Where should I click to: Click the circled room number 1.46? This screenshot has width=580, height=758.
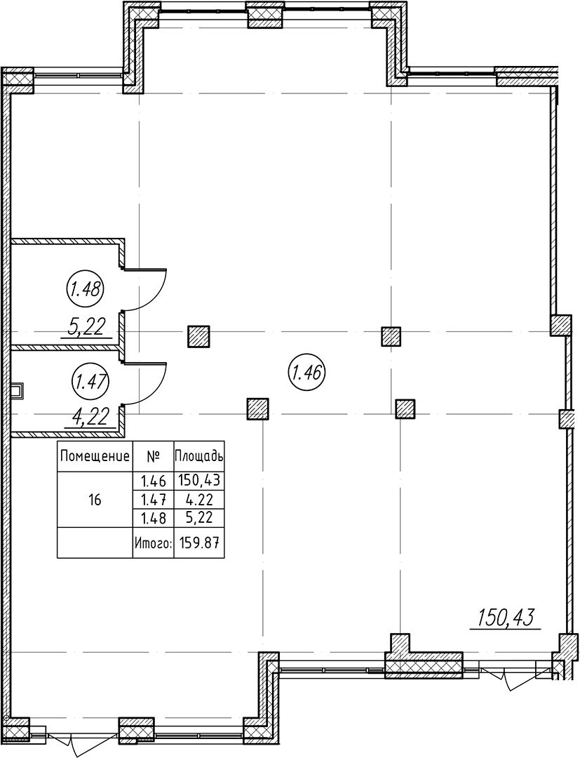pos(307,372)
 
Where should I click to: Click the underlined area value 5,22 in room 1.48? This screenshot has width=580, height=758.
pos(88,327)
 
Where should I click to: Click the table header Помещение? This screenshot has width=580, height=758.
pos(95,456)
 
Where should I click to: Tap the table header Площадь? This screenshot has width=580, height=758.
pos(199,456)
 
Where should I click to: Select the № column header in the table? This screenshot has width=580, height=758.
pos(153,456)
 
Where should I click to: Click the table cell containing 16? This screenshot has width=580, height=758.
pos(95,500)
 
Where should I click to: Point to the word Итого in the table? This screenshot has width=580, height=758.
pos(153,543)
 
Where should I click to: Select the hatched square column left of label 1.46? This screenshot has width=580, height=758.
pos(198,336)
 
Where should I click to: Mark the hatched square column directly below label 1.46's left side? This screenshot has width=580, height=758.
pos(258,409)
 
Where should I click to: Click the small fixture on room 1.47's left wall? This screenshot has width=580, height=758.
pos(18,391)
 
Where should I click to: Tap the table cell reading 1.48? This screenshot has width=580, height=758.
pos(153,519)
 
